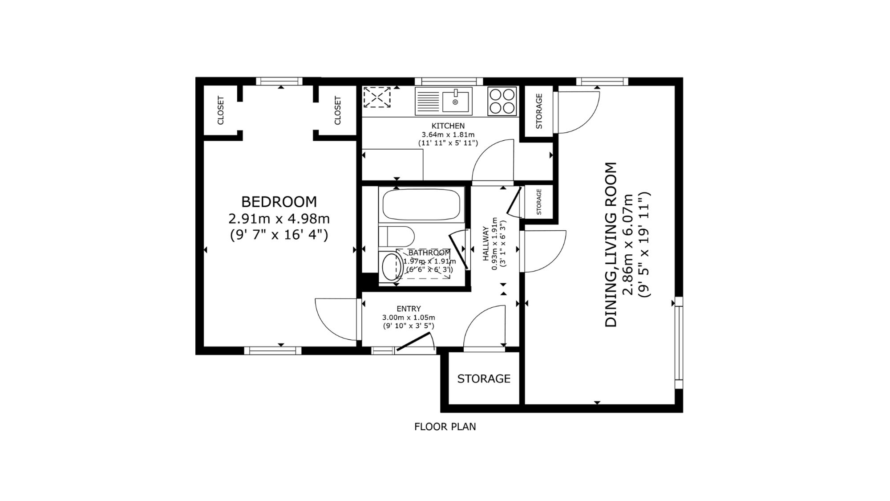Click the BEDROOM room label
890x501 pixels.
(x=279, y=202)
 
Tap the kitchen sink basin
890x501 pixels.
(x=456, y=102)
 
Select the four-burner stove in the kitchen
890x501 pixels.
(x=502, y=101)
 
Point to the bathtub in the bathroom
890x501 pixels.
(x=421, y=204)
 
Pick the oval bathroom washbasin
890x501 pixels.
(x=392, y=266)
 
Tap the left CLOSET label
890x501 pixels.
(x=220, y=110)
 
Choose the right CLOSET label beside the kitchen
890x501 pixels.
(x=337, y=110)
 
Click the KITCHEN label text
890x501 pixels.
(x=448, y=126)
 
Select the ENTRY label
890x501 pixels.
(x=409, y=309)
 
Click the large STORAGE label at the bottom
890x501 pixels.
(x=484, y=379)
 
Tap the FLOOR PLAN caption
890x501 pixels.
(x=445, y=427)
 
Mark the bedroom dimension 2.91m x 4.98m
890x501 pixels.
(x=279, y=219)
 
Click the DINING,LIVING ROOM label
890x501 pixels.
(x=611, y=245)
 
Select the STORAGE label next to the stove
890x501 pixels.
(x=539, y=111)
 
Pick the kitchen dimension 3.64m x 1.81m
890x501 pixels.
(x=448, y=134)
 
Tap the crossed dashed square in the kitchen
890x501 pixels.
(x=377, y=97)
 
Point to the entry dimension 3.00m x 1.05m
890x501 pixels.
(x=409, y=318)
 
